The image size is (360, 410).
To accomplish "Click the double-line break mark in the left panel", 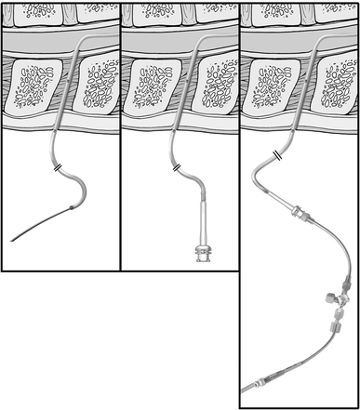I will pos(58,166).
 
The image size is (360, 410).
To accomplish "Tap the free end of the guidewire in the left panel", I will pos(12,241).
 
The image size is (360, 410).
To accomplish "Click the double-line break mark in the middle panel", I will pos(177,166).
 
